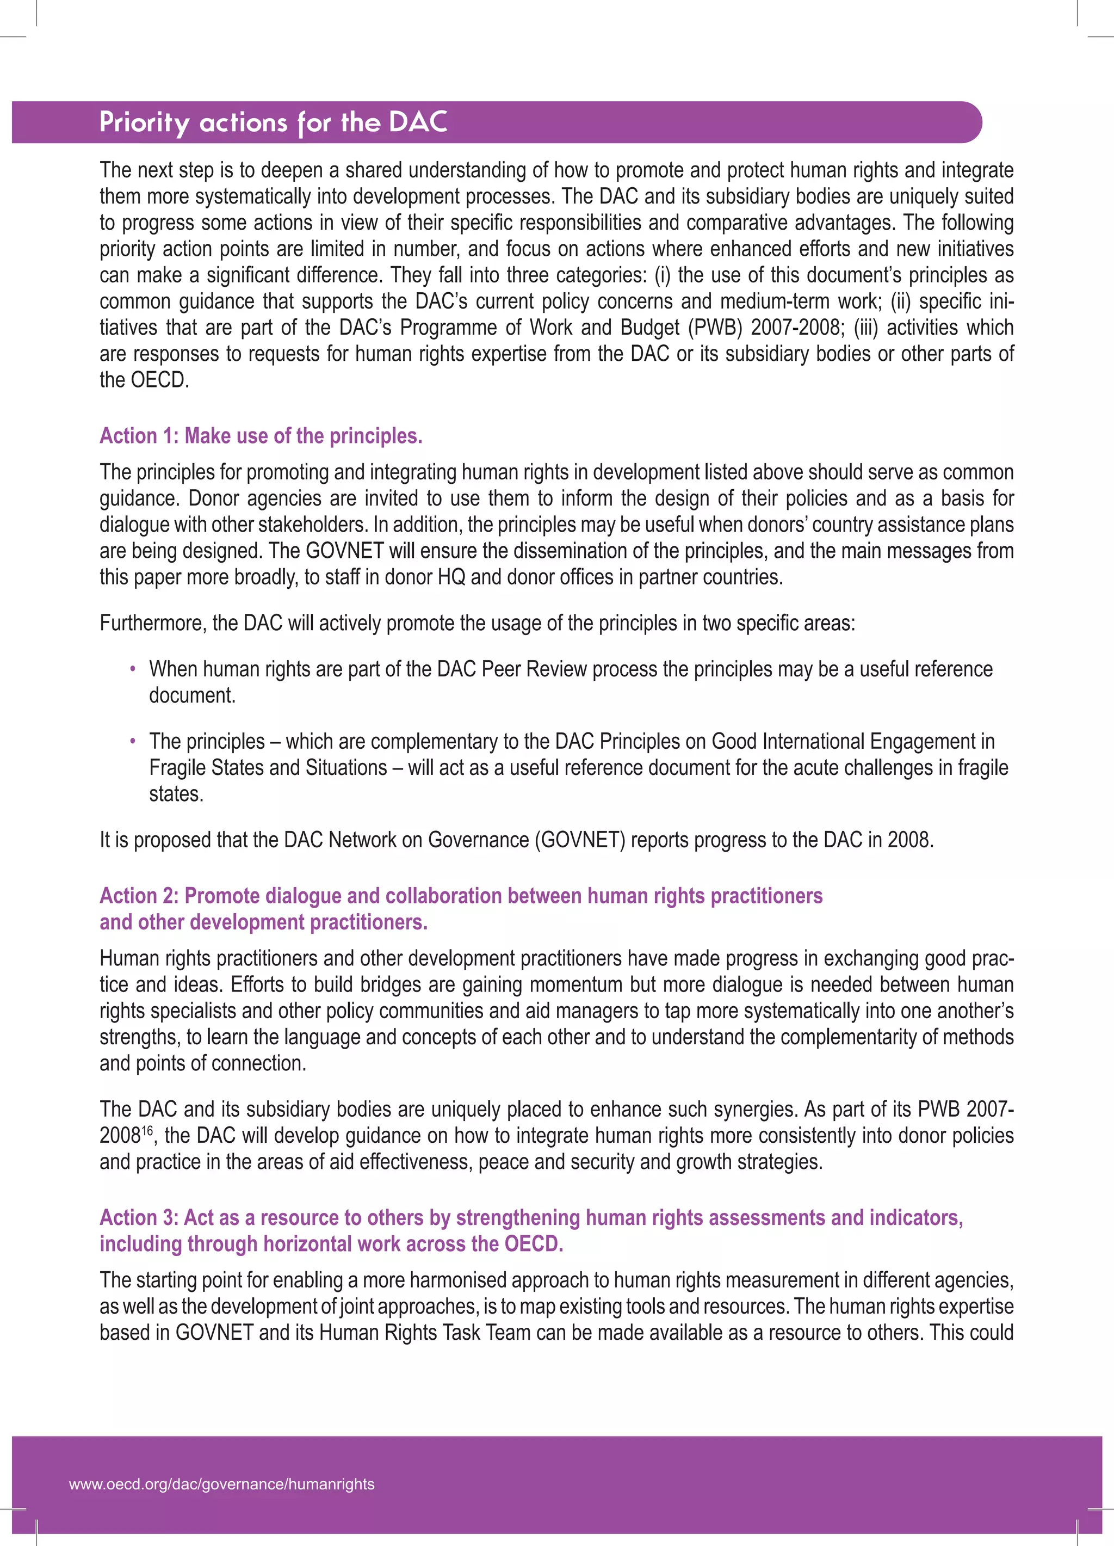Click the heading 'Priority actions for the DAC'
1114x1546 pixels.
[x=273, y=122]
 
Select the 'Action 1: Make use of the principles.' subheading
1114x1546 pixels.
[x=261, y=435]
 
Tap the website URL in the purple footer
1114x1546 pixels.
[x=221, y=1484]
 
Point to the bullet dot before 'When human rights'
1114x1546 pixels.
[x=133, y=669]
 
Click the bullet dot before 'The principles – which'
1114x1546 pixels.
[x=133, y=742]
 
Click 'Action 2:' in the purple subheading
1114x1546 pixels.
[x=139, y=896]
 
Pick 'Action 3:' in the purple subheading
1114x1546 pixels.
[x=139, y=1217]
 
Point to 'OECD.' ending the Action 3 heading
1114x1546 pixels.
[x=534, y=1244]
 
